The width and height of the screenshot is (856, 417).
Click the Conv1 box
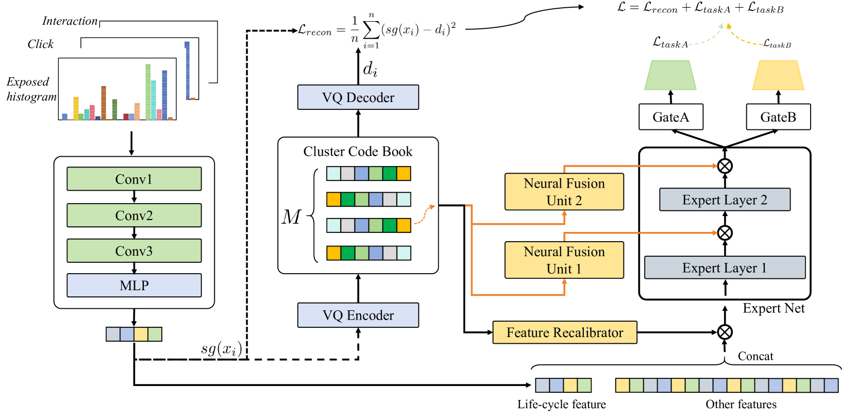[x=134, y=179]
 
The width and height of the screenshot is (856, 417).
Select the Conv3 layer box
[x=134, y=251]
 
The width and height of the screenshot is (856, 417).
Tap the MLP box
[x=134, y=286]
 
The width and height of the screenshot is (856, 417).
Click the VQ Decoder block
[x=358, y=97]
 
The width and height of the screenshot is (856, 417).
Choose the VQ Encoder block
[x=358, y=315]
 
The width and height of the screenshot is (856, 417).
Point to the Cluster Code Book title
[x=358, y=152]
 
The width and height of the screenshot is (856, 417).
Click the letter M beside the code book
[x=291, y=217]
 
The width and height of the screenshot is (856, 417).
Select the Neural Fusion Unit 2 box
[x=564, y=192]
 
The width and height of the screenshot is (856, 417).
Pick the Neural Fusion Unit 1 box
[x=564, y=260]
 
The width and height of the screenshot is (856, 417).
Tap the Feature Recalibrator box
[x=565, y=332]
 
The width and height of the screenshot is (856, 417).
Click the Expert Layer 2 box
[x=725, y=200]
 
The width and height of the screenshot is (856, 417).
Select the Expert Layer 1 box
[x=725, y=268]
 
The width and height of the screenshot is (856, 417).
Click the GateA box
[x=670, y=117]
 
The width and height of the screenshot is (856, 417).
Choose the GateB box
[x=778, y=117]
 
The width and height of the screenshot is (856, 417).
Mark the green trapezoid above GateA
[x=670, y=75]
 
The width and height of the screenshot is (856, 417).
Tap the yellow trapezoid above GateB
[x=778, y=75]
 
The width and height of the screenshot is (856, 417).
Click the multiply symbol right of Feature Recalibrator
[x=725, y=332]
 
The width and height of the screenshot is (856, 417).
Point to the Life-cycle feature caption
[x=562, y=404]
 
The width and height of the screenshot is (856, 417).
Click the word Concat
[x=756, y=356]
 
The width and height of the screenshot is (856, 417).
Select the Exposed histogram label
[x=31, y=89]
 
